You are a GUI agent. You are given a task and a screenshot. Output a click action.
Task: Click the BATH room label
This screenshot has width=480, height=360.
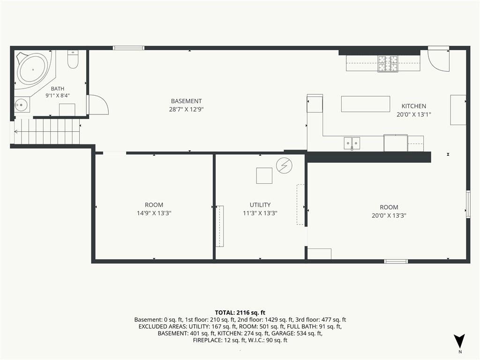tap(58, 89)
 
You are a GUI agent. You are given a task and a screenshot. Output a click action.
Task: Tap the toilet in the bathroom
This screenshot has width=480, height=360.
tap(73, 59)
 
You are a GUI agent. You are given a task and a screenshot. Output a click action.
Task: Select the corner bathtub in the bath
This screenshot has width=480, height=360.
tap(34, 70)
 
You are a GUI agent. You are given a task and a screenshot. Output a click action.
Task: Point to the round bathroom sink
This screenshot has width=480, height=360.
tap(21, 105)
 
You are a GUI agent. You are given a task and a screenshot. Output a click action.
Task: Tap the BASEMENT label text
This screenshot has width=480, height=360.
tap(186, 101)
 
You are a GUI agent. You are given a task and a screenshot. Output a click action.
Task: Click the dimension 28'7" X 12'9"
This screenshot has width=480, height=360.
tap(186, 109)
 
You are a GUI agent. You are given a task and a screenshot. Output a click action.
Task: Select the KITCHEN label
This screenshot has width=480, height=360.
tap(413, 106)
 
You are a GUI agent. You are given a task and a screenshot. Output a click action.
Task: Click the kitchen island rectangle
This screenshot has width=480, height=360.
tap(366, 104)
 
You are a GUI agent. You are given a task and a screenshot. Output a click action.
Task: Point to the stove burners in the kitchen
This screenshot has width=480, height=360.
tap(388, 64)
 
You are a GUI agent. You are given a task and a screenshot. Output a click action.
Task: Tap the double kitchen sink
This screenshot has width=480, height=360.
tap(352, 143)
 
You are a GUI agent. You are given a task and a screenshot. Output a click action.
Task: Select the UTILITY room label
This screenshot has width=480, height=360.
tap(260, 205)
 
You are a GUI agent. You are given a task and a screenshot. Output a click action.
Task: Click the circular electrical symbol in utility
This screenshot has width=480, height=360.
tap(284, 165)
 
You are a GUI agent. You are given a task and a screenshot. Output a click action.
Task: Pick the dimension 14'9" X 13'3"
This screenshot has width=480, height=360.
tap(154, 213)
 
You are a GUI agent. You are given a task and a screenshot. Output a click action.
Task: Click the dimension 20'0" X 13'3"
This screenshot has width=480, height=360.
tap(389, 215)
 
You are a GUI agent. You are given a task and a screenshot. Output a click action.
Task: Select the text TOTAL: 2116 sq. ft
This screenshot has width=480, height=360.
tap(240, 313)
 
